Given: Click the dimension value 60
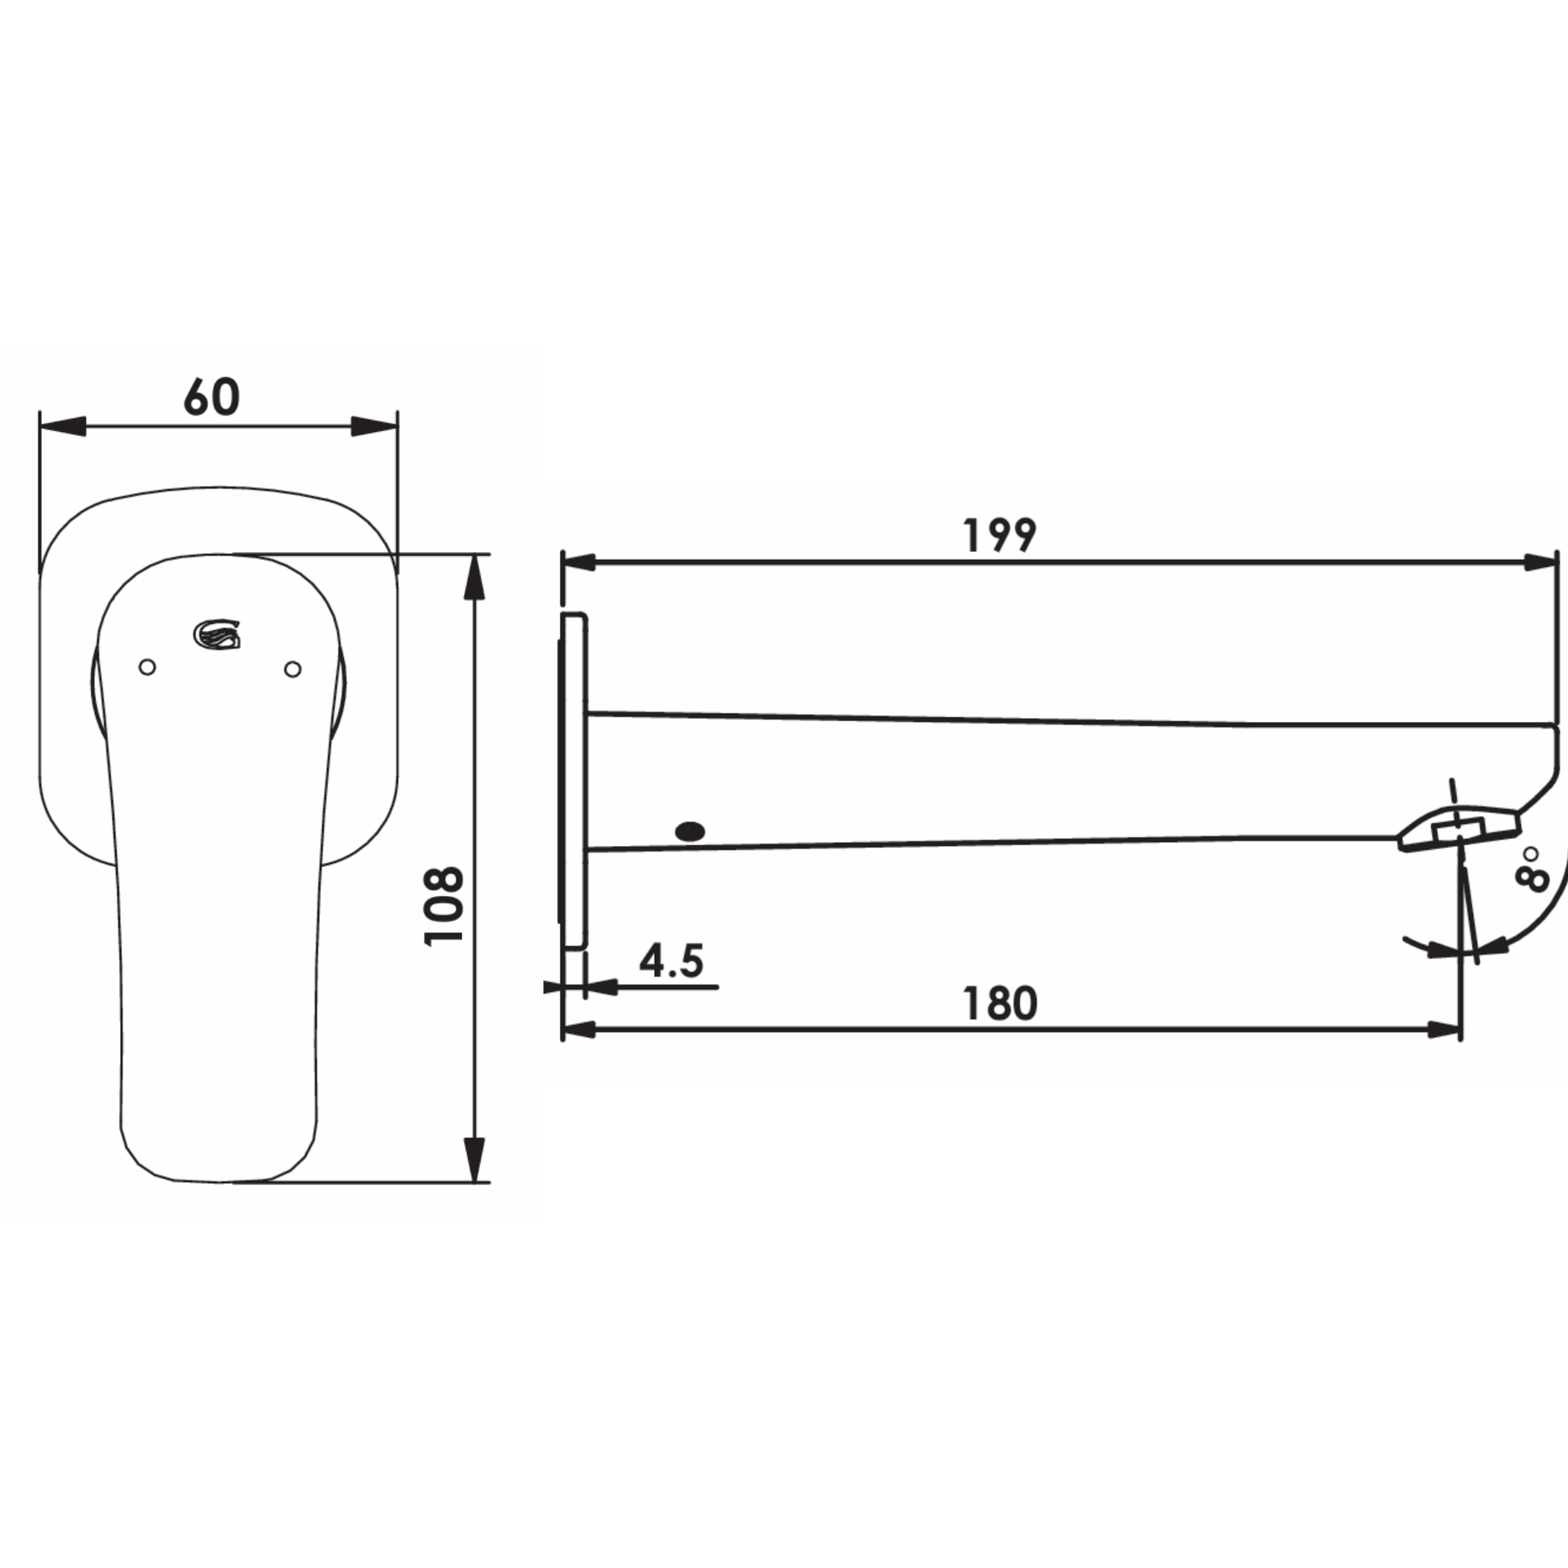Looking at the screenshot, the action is [211, 397].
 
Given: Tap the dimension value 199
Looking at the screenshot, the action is [1000, 536].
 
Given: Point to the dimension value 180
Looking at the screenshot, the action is [1000, 1004].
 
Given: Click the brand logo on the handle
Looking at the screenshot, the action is [217, 634].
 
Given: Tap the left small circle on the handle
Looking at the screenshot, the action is [147, 667].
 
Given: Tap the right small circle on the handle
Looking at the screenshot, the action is [293, 669].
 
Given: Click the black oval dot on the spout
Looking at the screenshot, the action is [690, 831].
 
